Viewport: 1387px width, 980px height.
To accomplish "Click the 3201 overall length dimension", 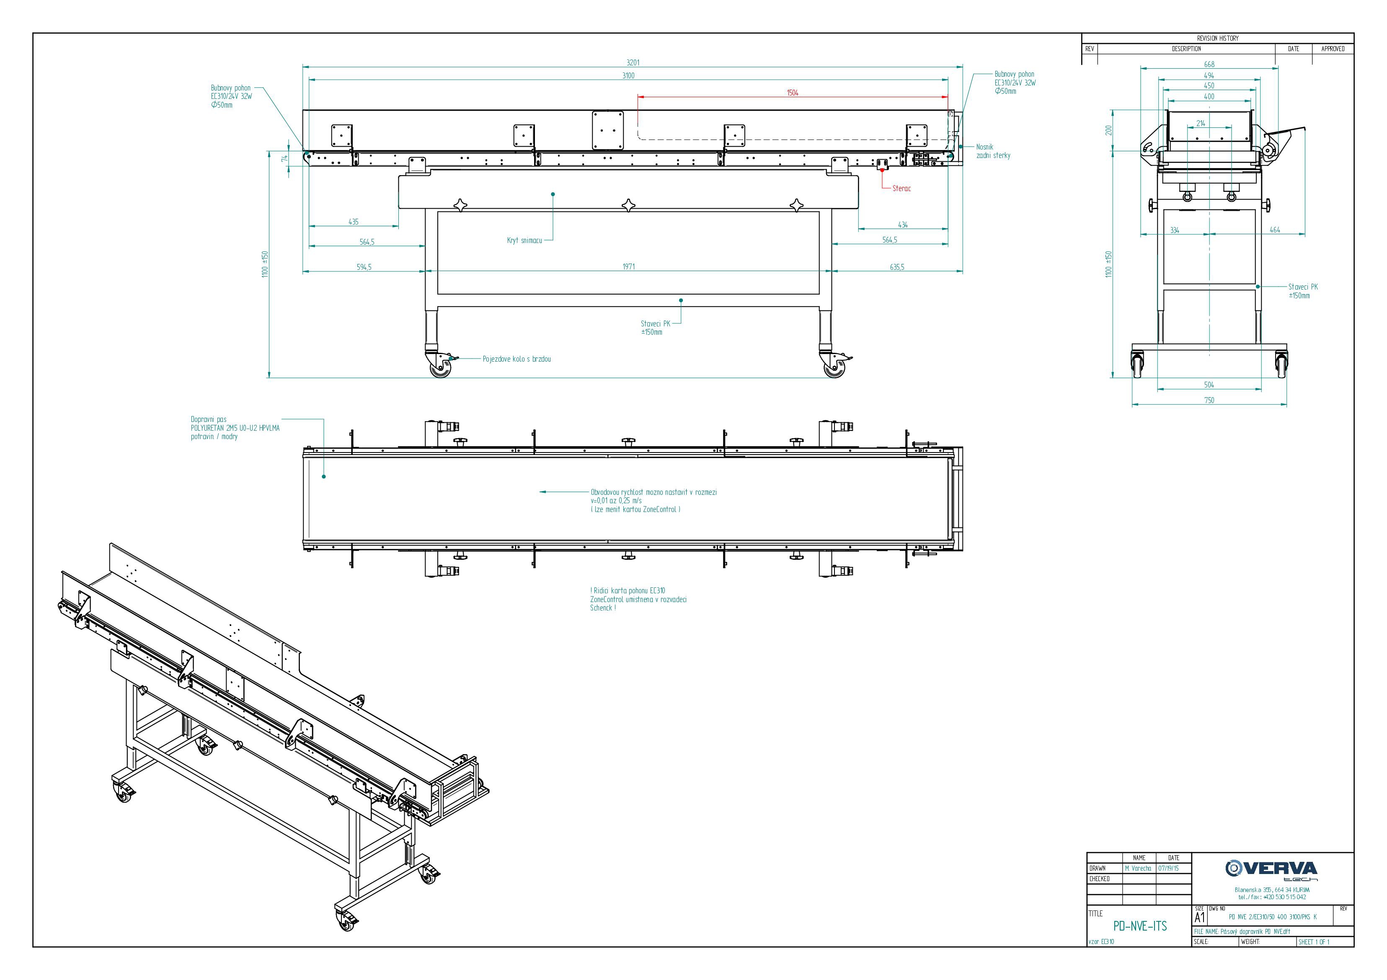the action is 633,62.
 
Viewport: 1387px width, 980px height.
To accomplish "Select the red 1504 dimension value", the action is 793,93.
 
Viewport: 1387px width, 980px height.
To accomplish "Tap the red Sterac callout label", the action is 901,189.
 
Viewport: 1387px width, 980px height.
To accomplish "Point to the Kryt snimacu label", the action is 524,240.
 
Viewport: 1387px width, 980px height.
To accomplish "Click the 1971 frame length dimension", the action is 629,266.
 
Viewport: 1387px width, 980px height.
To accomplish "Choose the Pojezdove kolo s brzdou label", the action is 517,359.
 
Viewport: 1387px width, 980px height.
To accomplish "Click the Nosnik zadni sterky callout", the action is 993,151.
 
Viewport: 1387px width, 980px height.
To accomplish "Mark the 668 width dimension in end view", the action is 1209,64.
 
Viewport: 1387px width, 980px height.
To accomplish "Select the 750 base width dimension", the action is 1209,400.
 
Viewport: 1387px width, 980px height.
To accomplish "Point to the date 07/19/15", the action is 1168,868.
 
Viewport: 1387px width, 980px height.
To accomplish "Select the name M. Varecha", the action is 1138,868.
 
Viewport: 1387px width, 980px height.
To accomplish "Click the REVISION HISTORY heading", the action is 1217,38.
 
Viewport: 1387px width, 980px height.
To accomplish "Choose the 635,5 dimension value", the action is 897,266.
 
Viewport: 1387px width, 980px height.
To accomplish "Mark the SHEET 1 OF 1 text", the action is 1314,942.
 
